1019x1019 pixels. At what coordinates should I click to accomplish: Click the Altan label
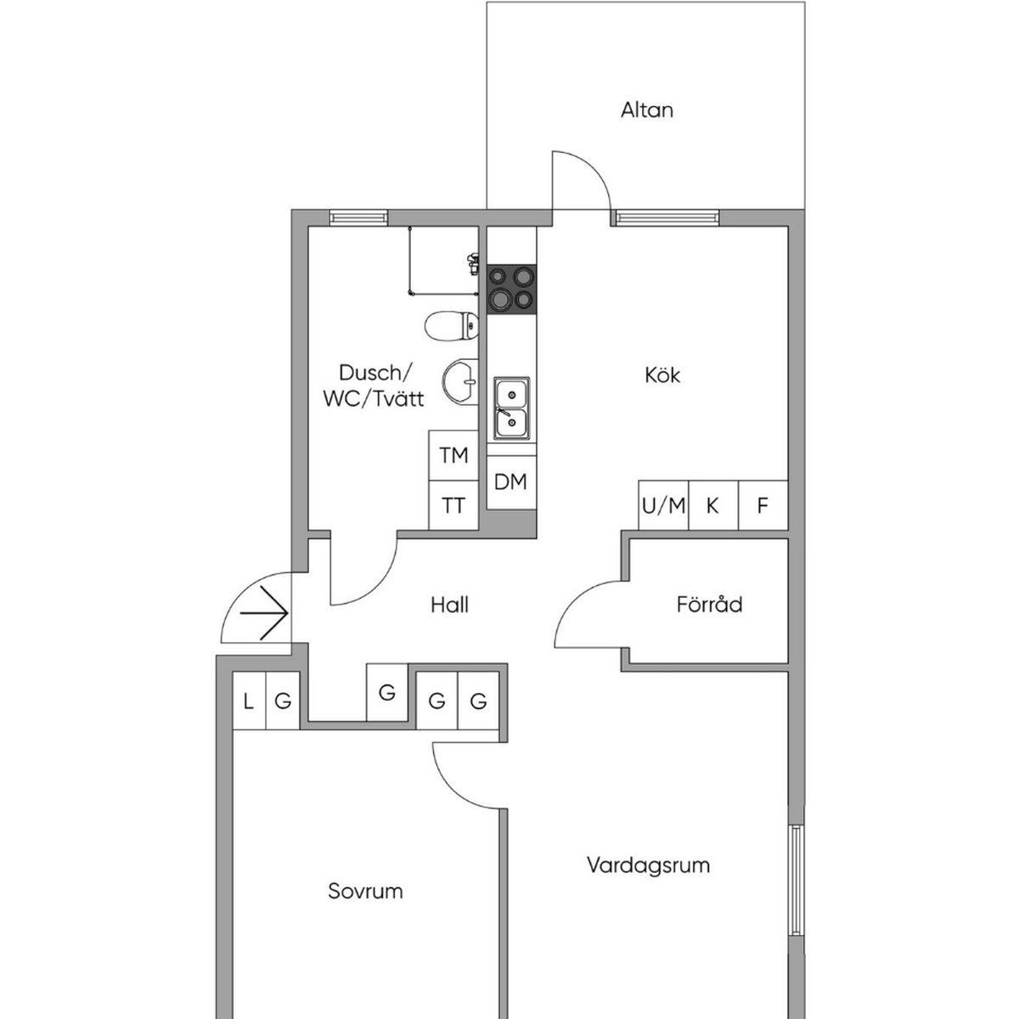[x=647, y=110]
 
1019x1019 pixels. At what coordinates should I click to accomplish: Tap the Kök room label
[x=662, y=375]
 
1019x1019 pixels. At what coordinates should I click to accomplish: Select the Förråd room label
[x=709, y=604]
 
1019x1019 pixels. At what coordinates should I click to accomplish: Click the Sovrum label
[x=365, y=891]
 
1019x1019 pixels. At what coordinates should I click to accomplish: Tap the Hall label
[x=449, y=605]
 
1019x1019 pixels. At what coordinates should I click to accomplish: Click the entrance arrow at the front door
[x=264, y=613]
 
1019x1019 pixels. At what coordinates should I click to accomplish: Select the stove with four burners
[x=511, y=290]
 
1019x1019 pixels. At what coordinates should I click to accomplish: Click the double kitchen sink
[x=511, y=408]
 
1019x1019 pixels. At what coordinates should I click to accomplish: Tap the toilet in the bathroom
[x=452, y=326]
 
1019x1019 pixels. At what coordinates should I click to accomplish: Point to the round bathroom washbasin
[x=460, y=382]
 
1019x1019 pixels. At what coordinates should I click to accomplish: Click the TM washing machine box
[x=453, y=455]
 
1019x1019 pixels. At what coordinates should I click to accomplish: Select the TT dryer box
[x=453, y=505]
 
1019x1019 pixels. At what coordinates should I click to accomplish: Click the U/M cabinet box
[x=663, y=505]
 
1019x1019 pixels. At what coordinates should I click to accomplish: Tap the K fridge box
[x=712, y=505]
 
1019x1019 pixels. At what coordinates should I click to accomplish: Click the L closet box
[x=249, y=701]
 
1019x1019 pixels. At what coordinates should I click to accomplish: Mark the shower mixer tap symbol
[x=473, y=262]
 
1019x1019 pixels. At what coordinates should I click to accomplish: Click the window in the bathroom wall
[x=358, y=217]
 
